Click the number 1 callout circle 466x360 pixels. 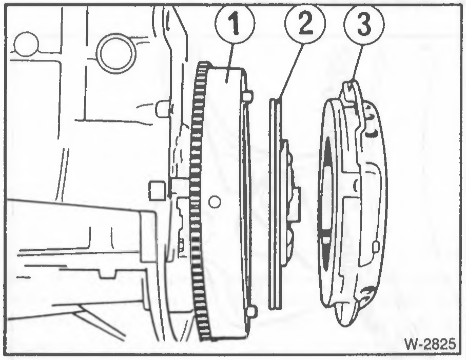tap(235, 24)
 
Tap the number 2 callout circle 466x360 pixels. tap(305, 24)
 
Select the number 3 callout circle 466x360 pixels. tap(364, 24)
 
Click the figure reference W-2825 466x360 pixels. tap(430, 344)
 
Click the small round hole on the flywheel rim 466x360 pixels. tap(215, 202)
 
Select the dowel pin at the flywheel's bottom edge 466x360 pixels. tap(252, 311)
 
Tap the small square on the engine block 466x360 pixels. tap(157, 190)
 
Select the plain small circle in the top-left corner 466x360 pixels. tap(26, 44)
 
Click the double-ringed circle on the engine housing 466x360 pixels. tap(116, 54)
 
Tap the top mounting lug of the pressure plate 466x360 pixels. tap(351, 93)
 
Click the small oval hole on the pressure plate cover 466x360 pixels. tap(376, 246)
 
